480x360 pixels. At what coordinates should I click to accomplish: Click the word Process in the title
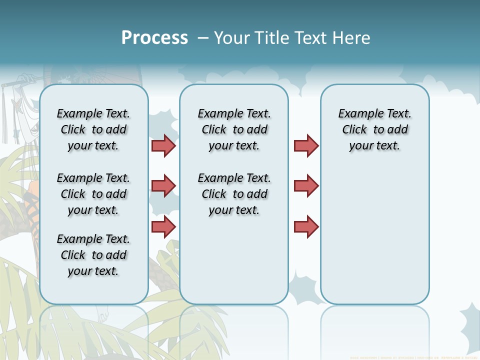(x=154, y=37)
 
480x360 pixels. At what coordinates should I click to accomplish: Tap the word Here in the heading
(x=350, y=37)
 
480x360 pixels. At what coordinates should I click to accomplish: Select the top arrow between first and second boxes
(x=163, y=145)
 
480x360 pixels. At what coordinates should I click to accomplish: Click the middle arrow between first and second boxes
(x=163, y=186)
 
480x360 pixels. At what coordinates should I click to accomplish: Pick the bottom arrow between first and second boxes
(x=163, y=226)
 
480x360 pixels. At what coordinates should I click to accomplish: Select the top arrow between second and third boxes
(x=306, y=145)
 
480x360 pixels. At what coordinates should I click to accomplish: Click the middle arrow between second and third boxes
(x=306, y=186)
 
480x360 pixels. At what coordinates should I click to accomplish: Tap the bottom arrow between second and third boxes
(x=306, y=226)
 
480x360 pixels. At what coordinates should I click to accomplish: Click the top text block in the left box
(x=93, y=129)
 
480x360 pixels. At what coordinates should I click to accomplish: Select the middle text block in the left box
(x=93, y=194)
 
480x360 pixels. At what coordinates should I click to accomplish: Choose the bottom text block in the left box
(x=93, y=255)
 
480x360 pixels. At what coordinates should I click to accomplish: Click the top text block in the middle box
(x=234, y=129)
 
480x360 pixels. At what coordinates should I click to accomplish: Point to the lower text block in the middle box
(x=234, y=194)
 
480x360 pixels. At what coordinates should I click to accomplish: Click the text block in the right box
(x=374, y=129)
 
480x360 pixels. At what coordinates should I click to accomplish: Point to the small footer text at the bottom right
(x=413, y=357)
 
